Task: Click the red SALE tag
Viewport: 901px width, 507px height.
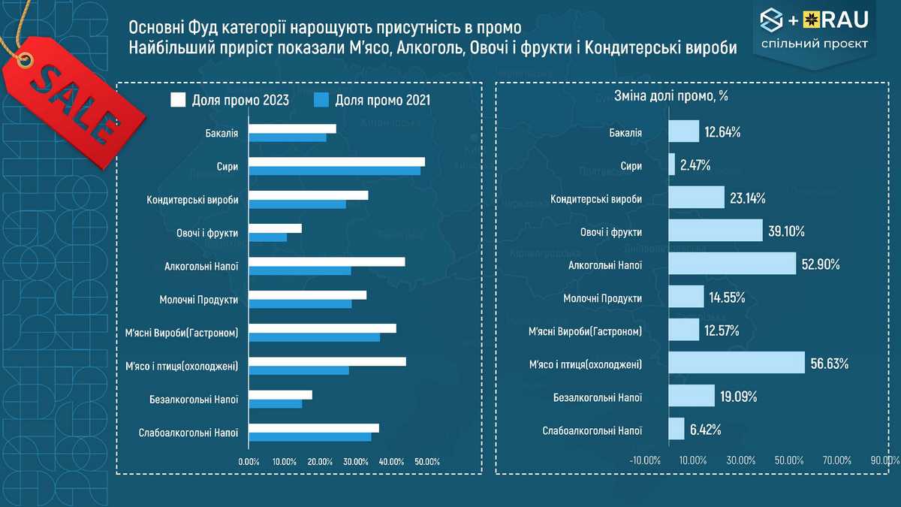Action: click(71, 98)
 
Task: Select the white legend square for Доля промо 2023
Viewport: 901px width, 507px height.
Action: click(178, 100)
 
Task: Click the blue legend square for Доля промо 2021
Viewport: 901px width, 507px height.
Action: click(321, 100)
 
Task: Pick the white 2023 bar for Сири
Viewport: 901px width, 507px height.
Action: click(336, 161)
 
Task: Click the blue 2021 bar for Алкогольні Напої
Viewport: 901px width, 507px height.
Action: click(300, 270)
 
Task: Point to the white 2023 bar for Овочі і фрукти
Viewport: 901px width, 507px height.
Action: click(275, 228)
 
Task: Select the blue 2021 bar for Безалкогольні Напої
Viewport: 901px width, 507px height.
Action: click(275, 403)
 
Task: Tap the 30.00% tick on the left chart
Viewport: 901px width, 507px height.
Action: click(354, 461)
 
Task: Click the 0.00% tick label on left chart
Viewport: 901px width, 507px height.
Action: click(249, 461)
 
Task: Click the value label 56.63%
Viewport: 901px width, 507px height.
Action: click(829, 364)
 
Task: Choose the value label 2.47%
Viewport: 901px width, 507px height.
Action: click(695, 165)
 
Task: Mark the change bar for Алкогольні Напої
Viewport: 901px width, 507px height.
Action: click(732, 264)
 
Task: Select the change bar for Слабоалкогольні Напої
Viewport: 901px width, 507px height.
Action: click(677, 430)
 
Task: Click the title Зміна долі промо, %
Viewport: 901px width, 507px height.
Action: click(672, 96)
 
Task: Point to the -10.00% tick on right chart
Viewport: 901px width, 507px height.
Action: click(644, 460)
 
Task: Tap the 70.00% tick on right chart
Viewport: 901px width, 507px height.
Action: click(836, 460)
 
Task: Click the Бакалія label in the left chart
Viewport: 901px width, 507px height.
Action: click(221, 133)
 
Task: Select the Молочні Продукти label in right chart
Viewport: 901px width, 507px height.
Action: click(602, 298)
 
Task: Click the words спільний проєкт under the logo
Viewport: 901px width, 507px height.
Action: click(814, 44)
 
